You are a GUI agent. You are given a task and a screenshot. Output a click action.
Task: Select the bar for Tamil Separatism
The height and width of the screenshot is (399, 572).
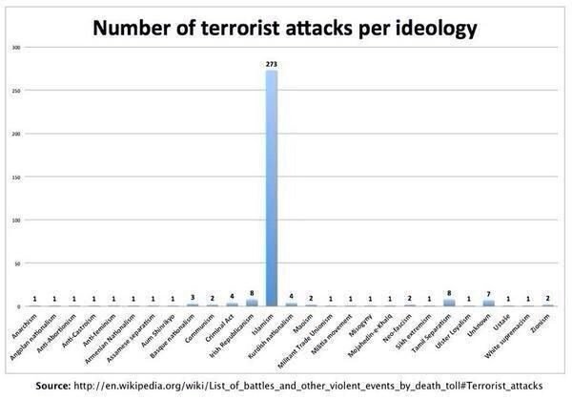click(449, 302)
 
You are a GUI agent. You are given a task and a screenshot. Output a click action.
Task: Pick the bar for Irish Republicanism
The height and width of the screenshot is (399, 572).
click(252, 302)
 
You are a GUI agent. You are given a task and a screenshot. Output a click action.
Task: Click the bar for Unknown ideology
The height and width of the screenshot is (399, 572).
click(488, 303)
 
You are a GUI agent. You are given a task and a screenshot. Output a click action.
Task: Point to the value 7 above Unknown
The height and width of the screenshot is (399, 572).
click(488, 294)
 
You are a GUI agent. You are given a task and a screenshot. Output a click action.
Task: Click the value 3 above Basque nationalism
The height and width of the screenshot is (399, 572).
click(193, 298)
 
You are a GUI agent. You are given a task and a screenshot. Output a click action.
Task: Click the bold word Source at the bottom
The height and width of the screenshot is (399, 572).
click(55, 386)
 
